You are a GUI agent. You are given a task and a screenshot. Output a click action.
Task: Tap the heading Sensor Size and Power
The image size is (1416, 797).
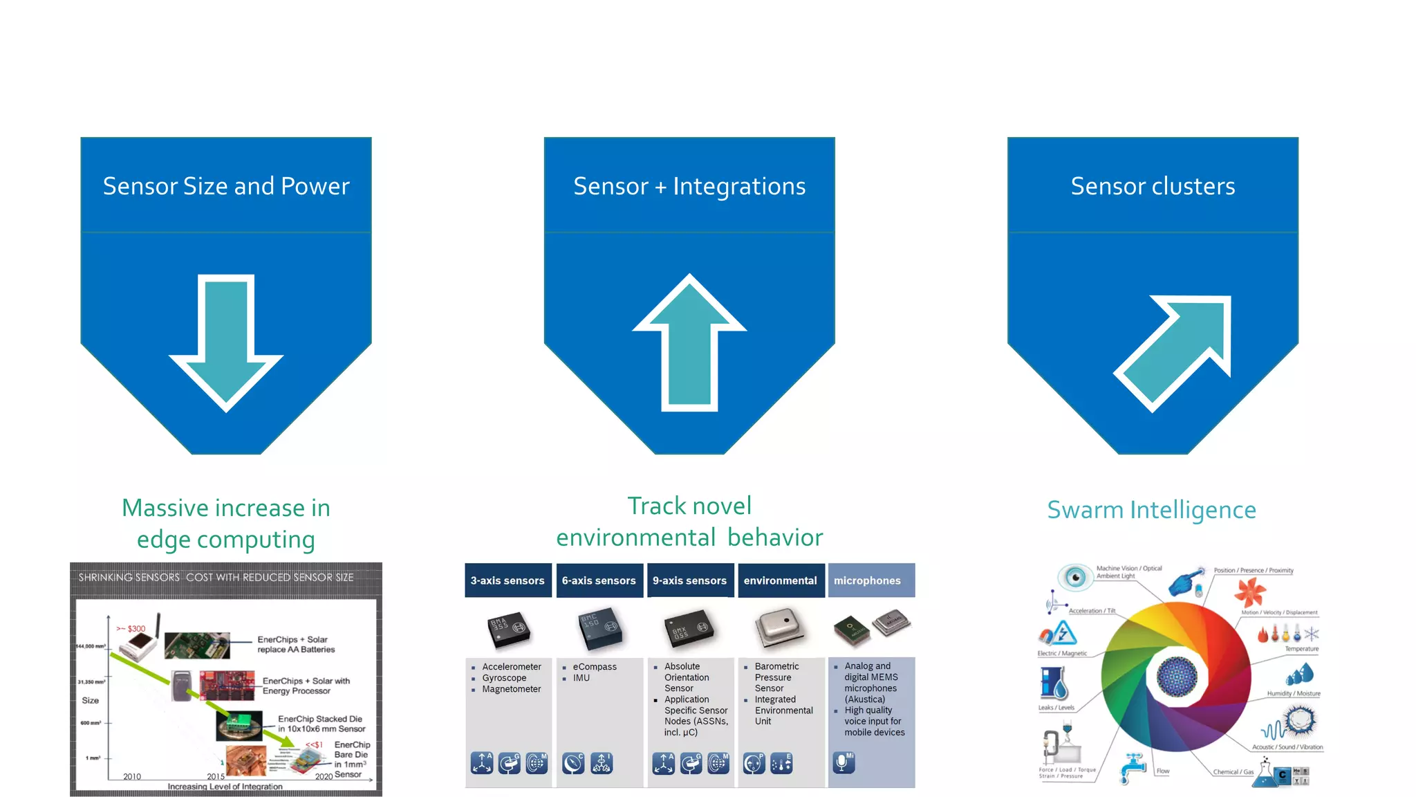click(x=226, y=186)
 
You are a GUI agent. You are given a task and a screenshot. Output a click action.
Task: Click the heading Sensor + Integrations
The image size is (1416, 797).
click(x=689, y=186)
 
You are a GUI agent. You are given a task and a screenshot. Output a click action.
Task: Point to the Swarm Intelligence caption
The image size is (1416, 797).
click(x=1151, y=510)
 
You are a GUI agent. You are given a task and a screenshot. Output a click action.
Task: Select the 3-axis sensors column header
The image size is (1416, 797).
click(x=507, y=580)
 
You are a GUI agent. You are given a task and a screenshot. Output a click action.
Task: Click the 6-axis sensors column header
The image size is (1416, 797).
click(x=599, y=580)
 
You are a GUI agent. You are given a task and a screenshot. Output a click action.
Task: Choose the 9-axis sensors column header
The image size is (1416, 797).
click(x=689, y=580)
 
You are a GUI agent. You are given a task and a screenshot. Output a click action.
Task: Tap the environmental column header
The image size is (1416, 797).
click(x=780, y=580)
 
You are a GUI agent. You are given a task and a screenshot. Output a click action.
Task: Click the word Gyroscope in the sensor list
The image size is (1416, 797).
click(x=504, y=678)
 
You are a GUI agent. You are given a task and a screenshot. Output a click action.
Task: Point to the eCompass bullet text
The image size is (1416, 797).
click(x=595, y=667)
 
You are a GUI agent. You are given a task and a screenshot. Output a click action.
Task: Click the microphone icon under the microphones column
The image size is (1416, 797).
click(x=844, y=762)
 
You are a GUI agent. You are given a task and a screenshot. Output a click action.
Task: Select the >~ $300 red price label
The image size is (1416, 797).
click(x=131, y=629)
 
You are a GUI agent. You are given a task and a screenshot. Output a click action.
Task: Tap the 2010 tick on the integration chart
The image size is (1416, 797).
click(x=132, y=776)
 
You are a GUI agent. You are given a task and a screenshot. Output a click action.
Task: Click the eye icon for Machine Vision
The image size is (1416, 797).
click(x=1075, y=576)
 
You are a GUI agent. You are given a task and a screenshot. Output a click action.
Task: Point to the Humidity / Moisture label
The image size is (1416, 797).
click(x=1294, y=693)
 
